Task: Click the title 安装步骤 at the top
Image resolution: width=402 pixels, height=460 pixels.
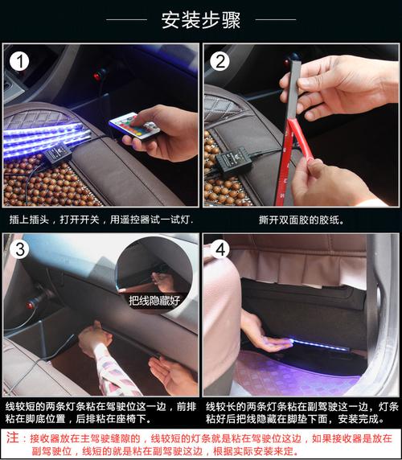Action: click(201, 20)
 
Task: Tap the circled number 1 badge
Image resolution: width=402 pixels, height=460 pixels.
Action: click(19, 61)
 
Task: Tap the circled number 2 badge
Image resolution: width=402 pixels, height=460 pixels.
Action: click(220, 61)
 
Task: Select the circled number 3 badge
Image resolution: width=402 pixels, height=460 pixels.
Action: click(19, 249)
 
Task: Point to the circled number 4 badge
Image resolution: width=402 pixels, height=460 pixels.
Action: click(220, 249)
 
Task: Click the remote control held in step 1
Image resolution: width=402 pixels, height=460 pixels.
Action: click(134, 125)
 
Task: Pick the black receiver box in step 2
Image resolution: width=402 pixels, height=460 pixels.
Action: click(234, 160)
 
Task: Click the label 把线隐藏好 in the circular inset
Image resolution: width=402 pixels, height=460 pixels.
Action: click(154, 301)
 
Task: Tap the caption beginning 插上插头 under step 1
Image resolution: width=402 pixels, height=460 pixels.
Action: click(101, 220)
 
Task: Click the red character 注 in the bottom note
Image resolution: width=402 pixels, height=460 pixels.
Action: click(13, 437)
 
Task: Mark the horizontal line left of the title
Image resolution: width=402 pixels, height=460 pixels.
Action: click(126, 19)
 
